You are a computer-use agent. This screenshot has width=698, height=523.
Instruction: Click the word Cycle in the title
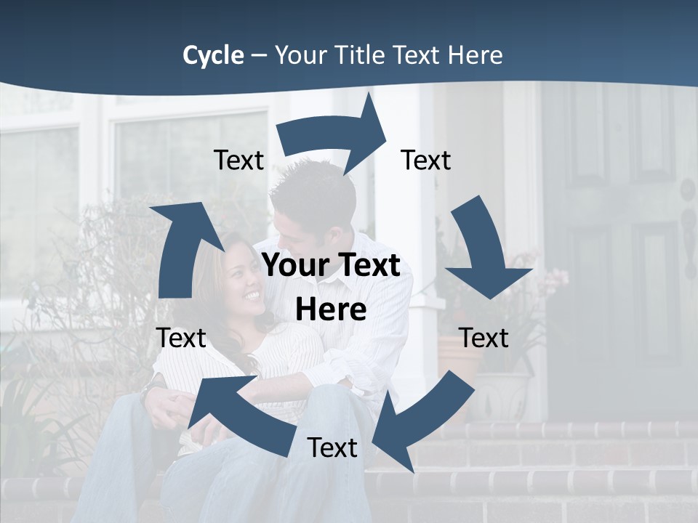[x=213, y=55]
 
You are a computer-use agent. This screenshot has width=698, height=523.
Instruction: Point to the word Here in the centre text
[x=331, y=309]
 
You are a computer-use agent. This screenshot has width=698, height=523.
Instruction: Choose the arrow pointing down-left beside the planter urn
[x=422, y=421]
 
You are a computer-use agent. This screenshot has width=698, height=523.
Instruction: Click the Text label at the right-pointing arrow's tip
[x=426, y=161]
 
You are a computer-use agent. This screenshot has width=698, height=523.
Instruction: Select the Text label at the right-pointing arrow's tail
[x=238, y=161]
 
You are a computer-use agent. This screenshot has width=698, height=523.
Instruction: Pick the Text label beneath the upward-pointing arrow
[x=181, y=338]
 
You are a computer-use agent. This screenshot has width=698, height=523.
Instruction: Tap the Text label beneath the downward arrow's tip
[x=484, y=338]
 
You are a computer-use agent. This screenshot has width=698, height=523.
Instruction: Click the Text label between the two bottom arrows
[x=332, y=447]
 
